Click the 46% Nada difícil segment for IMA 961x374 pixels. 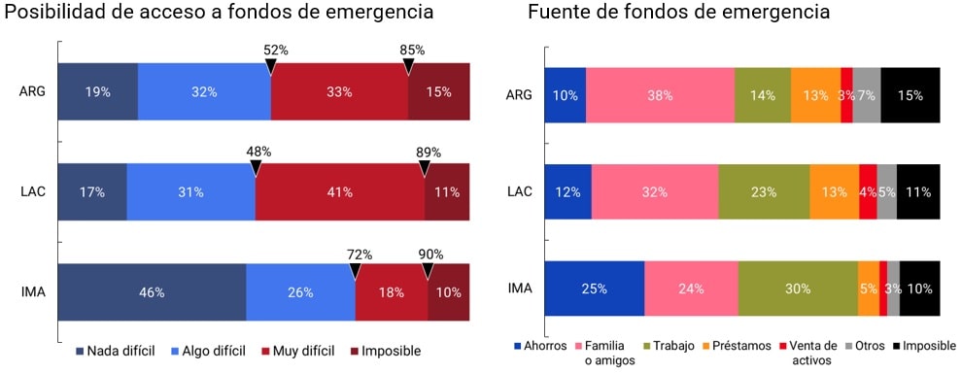[152, 291]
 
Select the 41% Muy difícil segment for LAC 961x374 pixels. [339, 192]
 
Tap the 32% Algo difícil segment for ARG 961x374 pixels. [204, 92]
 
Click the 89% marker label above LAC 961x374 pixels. [428, 152]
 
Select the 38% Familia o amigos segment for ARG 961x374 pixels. [660, 95]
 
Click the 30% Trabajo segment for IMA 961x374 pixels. [797, 289]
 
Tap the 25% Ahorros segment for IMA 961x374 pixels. [594, 289]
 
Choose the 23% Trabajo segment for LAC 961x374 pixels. [764, 192]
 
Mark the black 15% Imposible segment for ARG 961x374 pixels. [910, 95]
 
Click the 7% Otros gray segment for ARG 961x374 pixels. [866, 95]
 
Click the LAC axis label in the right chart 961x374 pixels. [519, 191]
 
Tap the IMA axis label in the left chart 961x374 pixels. [32, 291]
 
